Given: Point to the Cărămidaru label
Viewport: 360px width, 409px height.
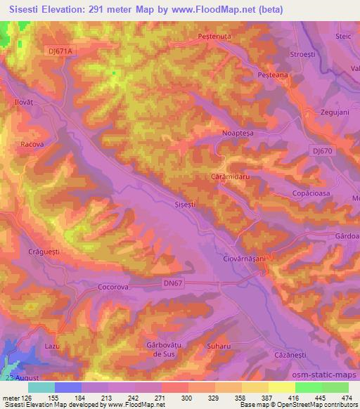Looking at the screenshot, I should tap(231, 178).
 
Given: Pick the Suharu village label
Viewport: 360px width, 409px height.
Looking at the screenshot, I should tap(210, 346).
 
